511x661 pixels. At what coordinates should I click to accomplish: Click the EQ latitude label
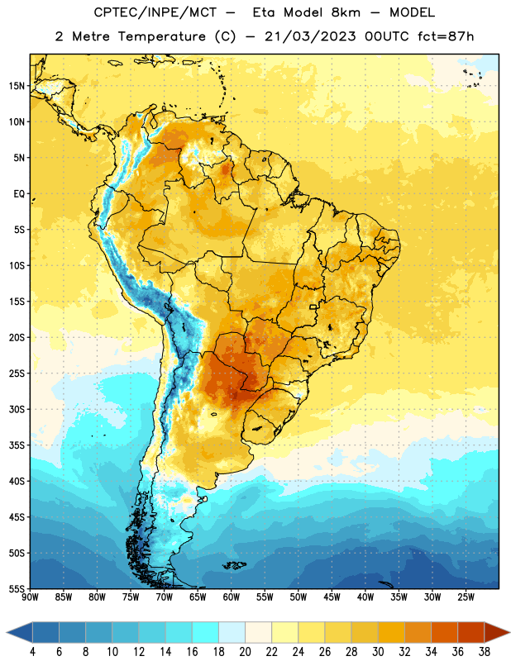tap(19, 194)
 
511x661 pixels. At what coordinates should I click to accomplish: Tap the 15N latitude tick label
tap(17, 86)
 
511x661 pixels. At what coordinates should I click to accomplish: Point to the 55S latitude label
tap(17, 588)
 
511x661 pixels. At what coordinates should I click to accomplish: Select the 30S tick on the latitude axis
tap(17, 409)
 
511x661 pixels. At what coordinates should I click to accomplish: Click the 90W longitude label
tap(30, 597)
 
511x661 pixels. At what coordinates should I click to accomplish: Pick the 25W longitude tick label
tap(466, 597)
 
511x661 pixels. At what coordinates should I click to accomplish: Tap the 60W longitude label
tap(232, 597)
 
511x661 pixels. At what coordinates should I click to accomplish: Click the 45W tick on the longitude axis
tap(332, 597)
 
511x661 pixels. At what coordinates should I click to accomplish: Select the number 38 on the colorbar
tap(485, 652)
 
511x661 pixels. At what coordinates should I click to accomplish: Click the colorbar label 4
tap(32, 652)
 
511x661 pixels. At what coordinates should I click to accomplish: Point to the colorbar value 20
tap(245, 652)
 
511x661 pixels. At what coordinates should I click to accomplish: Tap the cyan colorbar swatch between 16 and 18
tap(206, 632)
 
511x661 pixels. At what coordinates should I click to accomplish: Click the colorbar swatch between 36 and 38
tap(471, 632)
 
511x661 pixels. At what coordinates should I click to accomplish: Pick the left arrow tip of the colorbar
tap(7, 632)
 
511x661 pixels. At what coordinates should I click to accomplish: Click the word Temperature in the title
tap(161, 36)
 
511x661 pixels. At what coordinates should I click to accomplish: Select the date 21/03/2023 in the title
tap(310, 36)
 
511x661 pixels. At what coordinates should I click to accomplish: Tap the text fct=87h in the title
tap(446, 36)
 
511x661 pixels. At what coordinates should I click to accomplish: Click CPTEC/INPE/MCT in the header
tap(155, 12)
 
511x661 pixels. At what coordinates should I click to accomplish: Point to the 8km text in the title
tap(346, 12)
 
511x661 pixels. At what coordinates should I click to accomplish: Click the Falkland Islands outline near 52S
tap(234, 565)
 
